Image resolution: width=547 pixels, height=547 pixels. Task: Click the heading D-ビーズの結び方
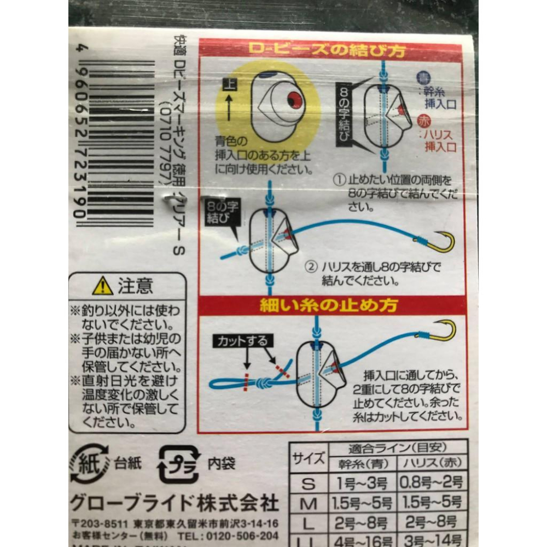327,50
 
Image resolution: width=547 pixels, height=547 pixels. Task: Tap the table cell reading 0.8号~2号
432,482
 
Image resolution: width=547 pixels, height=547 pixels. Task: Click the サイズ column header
308,458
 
